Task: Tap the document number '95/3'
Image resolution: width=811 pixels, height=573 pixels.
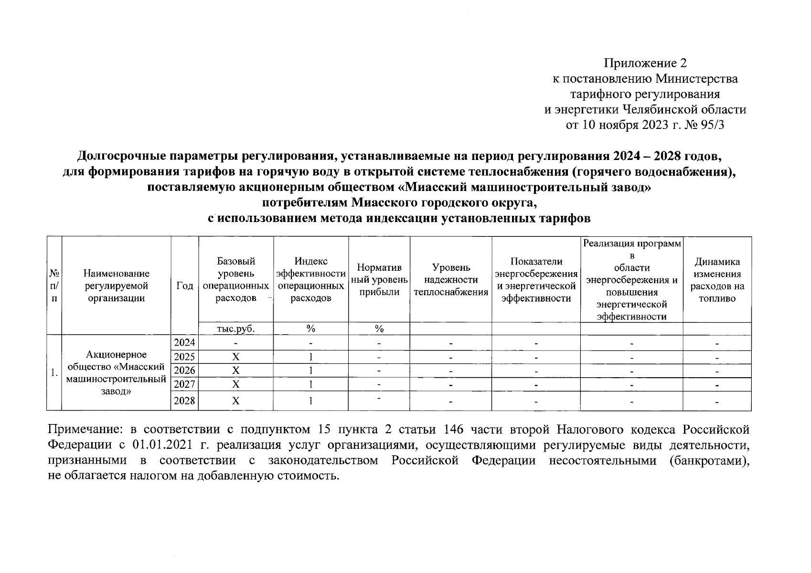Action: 714,125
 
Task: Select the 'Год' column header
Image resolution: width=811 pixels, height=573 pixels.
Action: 184,286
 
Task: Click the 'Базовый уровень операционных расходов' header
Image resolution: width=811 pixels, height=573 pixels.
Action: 235,280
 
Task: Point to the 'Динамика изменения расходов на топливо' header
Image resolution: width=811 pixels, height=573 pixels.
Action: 717,280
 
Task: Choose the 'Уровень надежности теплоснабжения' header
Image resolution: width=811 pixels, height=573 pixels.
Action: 451,280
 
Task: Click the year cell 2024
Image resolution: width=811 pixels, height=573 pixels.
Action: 184,342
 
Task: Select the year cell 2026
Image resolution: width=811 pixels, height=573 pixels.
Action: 184,371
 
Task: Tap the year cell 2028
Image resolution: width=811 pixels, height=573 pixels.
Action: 184,401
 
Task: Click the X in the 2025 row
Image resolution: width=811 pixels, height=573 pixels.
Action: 235,357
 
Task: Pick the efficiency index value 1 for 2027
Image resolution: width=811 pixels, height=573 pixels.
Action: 311,384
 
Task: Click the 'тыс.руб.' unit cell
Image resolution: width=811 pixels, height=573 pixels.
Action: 235,329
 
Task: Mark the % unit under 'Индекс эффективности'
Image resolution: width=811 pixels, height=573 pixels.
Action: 311,329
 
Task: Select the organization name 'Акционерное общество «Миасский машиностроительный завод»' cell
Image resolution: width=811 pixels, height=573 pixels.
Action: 116,372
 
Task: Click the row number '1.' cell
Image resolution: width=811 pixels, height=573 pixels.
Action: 54,372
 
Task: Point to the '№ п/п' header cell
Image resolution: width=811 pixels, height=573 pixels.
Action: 54,286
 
